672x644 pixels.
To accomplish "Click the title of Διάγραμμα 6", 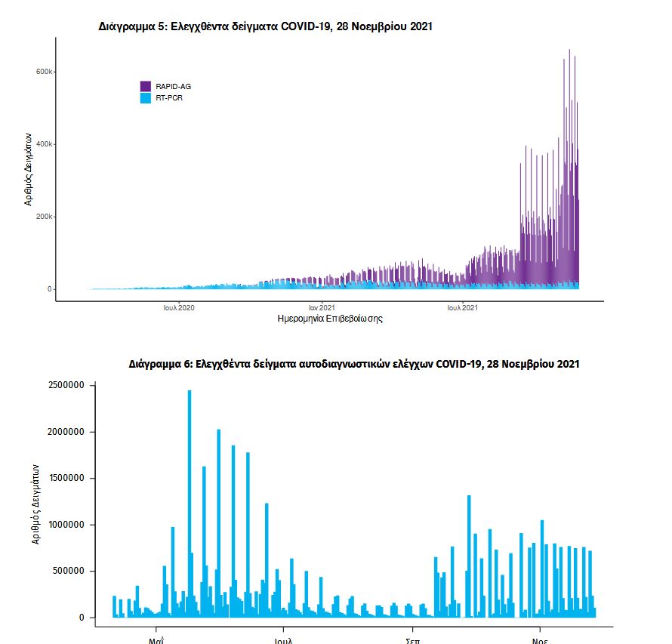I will [354, 364].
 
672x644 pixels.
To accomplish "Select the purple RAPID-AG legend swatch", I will [146, 86].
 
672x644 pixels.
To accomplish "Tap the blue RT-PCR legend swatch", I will [146, 98].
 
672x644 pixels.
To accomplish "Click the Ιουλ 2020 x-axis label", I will [179, 308].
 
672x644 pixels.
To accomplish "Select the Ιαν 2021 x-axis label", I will [322, 308].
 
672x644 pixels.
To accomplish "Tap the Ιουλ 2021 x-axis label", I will [462, 308].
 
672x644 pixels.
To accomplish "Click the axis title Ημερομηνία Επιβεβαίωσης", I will [331, 319].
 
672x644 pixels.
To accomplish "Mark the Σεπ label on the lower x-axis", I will [412, 639].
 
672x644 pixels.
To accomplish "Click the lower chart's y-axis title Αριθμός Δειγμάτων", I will [35, 504].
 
